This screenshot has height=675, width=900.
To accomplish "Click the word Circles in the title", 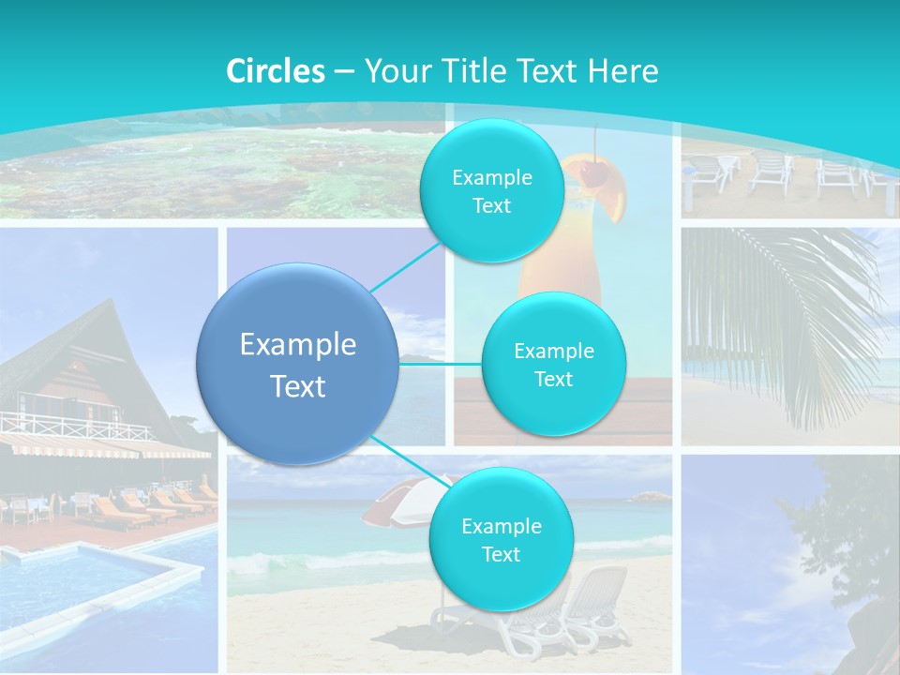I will click(276, 71).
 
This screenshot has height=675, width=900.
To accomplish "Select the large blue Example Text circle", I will click(298, 364).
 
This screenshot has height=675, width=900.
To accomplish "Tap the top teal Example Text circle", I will click(491, 191).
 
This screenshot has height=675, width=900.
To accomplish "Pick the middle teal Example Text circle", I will click(553, 365).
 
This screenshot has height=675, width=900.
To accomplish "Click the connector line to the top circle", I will click(406, 267).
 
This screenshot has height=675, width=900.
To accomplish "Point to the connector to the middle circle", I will click(441, 364).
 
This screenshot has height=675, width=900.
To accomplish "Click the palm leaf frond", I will click(787, 309).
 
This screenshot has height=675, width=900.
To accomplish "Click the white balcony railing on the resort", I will click(75, 424).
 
